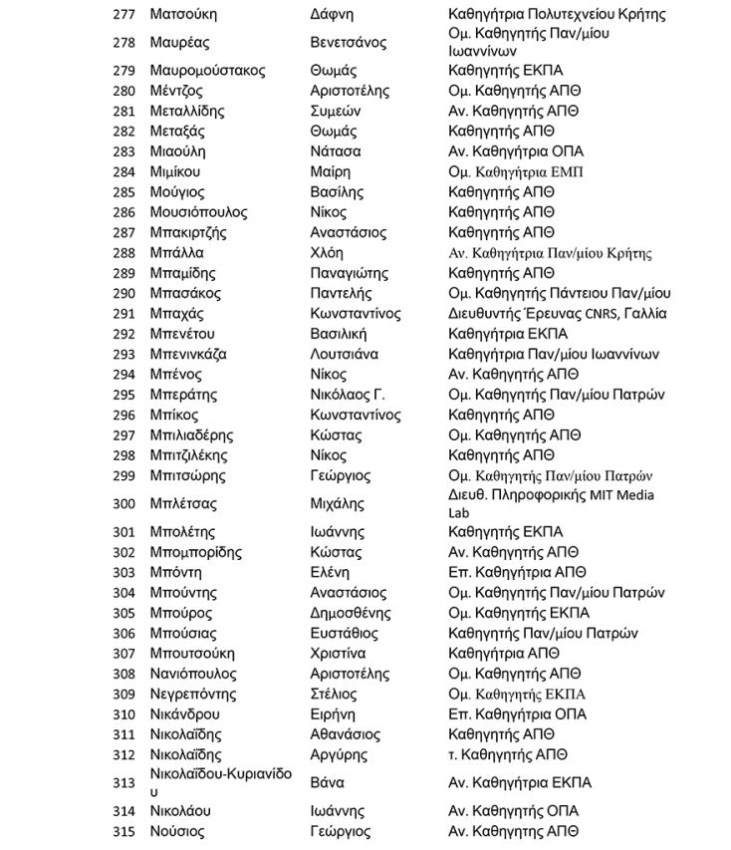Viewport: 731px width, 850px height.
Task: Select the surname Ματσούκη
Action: pos(183,15)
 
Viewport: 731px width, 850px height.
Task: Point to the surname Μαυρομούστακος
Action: pos(207,71)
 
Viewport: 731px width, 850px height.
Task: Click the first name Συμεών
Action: pos(336,111)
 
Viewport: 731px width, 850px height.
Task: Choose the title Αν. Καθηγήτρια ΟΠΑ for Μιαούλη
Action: pos(516,151)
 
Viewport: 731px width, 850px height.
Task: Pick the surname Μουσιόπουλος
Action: pos(198,212)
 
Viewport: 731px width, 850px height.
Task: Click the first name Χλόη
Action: pos(327,253)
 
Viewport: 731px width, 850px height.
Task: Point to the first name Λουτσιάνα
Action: pos(345,354)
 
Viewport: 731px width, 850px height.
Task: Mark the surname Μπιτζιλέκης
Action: pos(192,455)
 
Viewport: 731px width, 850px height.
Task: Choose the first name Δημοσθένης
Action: pos(348,613)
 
